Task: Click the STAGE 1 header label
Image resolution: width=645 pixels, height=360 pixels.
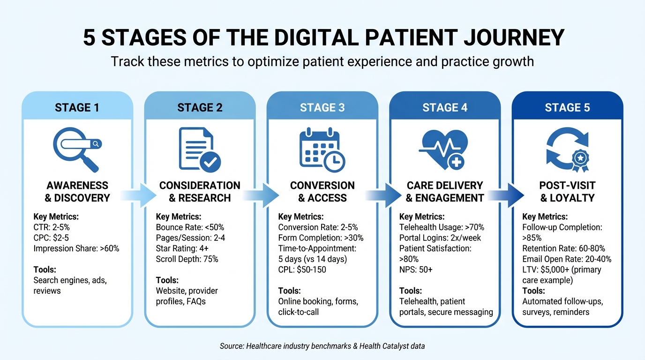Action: pyautogui.click(x=77, y=107)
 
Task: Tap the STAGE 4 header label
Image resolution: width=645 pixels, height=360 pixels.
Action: pyautogui.click(x=444, y=107)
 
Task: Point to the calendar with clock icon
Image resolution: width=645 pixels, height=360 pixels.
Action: pyautogui.click(x=322, y=149)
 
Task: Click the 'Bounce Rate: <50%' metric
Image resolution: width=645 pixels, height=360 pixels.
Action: pyautogui.click(x=190, y=227)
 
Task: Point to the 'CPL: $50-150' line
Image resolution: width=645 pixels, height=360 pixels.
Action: pyautogui.click(x=302, y=270)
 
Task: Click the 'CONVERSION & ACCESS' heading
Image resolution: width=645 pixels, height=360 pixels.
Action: pyautogui.click(x=322, y=192)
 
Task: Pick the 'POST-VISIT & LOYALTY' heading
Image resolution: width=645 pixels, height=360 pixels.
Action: pyautogui.click(x=567, y=192)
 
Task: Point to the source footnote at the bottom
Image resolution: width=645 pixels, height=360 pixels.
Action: pyautogui.click(x=322, y=346)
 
